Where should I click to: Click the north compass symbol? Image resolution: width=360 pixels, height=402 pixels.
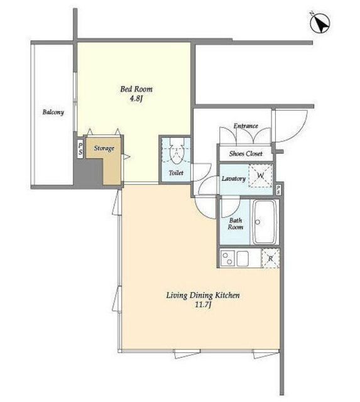pyautogui.click(x=320, y=23)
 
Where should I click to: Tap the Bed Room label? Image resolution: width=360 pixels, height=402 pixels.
pyautogui.click(x=136, y=89)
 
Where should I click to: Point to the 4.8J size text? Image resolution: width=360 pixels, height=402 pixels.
pyautogui.click(x=136, y=99)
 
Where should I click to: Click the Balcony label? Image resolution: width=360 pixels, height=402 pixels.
pyautogui.click(x=53, y=112)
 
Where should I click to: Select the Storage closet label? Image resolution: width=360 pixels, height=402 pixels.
pyautogui.click(x=104, y=148)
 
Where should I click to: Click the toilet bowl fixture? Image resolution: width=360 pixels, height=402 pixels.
pyautogui.click(x=177, y=155)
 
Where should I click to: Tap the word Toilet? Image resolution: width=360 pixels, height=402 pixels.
pyautogui.click(x=176, y=173)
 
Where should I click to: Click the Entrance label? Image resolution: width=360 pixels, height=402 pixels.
pyautogui.click(x=246, y=126)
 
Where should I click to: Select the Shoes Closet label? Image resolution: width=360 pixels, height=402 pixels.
pyautogui.click(x=246, y=153)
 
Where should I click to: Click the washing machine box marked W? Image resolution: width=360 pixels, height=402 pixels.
pyautogui.click(x=261, y=176)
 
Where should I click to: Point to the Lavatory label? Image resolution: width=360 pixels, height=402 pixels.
pyautogui.click(x=234, y=178)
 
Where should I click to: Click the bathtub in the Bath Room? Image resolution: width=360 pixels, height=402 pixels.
pyautogui.click(x=264, y=222)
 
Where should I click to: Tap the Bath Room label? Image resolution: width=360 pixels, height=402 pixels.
pyautogui.click(x=236, y=224)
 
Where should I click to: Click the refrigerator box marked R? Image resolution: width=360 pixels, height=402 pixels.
pyautogui.click(x=270, y=258)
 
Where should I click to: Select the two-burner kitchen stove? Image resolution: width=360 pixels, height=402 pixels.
pyautogui.click(x=227, y=258)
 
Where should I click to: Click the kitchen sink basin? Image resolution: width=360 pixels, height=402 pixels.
pyautogui.click(x=243, y=258)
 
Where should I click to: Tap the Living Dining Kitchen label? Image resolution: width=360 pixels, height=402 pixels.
pyautogui.click(x=203, y=295)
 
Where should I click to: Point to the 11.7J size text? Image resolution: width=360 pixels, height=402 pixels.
pyautogui.click(x=203, y=305)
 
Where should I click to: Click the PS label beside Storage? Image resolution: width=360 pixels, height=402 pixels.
pyautogui.click(x=80, y=149)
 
